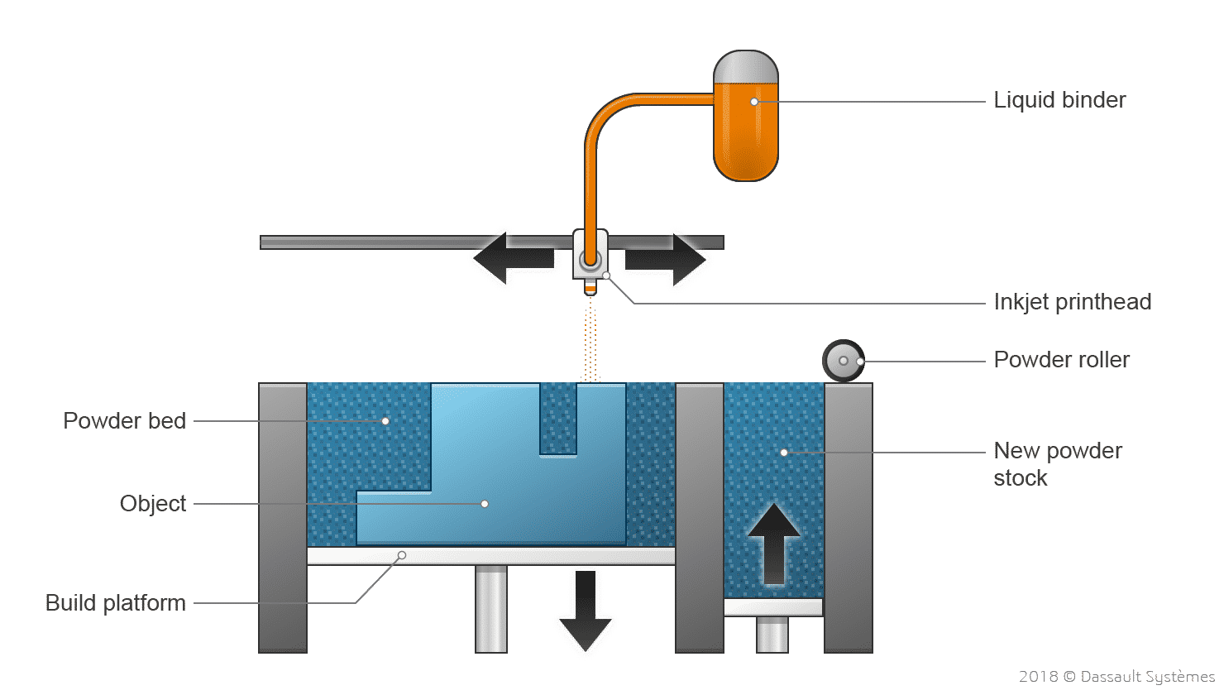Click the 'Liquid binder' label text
(1059, 100)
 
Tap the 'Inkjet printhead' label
(1072, 302)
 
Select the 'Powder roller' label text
(1061, 360)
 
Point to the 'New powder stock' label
(1057, 463)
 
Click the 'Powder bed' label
(124, 420)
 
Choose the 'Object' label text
(153, 503)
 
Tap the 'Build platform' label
(116, 602)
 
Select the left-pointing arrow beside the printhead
(513, 258)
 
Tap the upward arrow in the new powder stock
(773, 543)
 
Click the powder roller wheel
(843, 361)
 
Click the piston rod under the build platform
(491, 608)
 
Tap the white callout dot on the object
(485, 503)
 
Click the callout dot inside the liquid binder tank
(754, 102)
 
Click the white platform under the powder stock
(773, 607)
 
